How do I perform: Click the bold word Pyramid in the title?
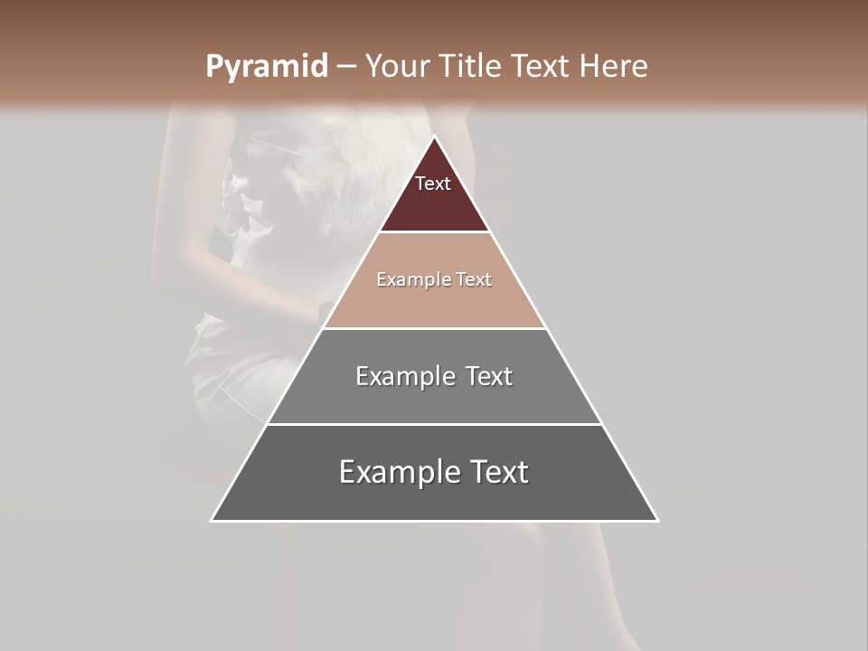click(267, 67)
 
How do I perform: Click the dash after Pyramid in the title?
click(346, 67)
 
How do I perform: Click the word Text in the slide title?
click(542, 67)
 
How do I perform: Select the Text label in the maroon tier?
click(433, 184)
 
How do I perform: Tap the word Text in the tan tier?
click(475, 280)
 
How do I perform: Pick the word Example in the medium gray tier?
click(403, 376)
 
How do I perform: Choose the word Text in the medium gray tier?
click(489, 376)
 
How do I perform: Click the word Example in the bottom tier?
click(399, 472)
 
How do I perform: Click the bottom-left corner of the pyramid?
click(212, 520)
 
